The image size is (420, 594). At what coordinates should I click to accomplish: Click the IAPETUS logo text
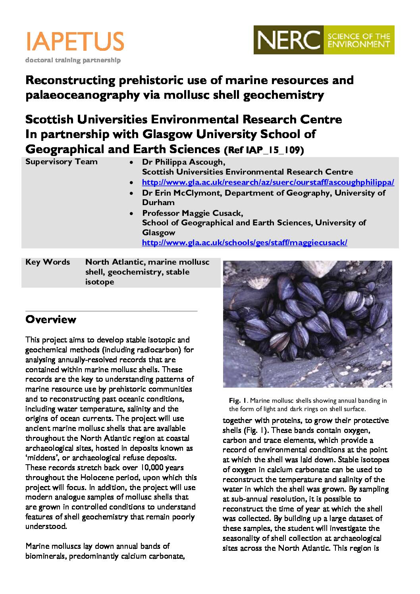[x=75, y=41]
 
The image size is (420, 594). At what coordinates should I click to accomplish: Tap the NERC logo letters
[x=289, y=40]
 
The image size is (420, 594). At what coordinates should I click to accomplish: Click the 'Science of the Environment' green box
[x=358, y=40]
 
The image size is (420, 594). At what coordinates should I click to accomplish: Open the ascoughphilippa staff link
[x=268, y=183]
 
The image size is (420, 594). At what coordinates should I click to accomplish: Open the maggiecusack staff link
[x=245, y=242]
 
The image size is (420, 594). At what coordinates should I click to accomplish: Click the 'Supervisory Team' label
[x=61, y=162]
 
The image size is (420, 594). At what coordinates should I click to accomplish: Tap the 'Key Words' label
[x=48, y=262]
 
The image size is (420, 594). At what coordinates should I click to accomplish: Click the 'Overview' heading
[x=50, y=319]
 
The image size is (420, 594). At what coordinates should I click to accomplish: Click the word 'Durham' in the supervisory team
[x=158, y=202]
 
